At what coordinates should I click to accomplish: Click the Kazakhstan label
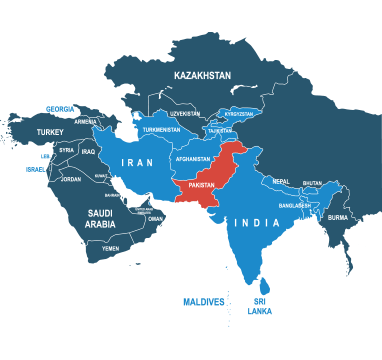pos(202,75)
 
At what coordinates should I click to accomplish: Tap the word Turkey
pos(49,131)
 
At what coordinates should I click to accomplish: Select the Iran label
pos(137,163)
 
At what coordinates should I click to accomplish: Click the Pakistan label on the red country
pos(202,186)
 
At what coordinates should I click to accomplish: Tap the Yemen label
pos(110,247)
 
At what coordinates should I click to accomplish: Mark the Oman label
pos(155,218)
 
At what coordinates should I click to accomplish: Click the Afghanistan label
pos(192,158)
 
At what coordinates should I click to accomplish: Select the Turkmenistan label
pos(161,130)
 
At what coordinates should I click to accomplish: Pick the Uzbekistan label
pos(185,114)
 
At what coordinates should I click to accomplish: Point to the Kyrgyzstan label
pos(239,114)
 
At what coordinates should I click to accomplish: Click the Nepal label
pos(280,181)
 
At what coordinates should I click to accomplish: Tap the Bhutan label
pos(312,183)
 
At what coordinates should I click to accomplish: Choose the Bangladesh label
pos(296,205)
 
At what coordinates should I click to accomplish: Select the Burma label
pos(338,217)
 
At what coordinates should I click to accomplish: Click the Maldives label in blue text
pos(203,301)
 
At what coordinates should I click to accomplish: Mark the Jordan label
pos(70,179)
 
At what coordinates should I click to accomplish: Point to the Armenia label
pos(86,122)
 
